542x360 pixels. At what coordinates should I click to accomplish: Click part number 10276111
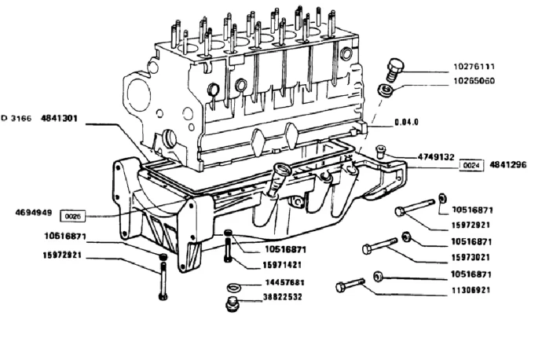pyautogui.click(x=474, y=66)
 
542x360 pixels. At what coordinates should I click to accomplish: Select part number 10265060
pyautogui.click(x=474, y=81)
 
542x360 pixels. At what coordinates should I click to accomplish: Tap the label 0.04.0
pyautogui.click(x=407, y=122)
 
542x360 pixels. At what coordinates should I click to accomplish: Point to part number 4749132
pyautogui.click(x=436, y=157)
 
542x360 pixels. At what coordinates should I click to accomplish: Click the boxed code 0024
pyautogui.click(x=471, y=165)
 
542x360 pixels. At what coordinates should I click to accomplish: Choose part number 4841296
pyautogui.click(x=507, y=164)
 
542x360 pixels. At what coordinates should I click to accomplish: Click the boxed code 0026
pyautogui.click(x=73, y=216)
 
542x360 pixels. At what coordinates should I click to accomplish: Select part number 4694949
pyautogui.click(x=34, y=212)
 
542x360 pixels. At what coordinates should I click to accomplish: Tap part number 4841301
pyautogui.click(x=59, y=118)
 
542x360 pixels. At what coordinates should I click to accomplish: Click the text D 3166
pyautogui.click(x=16, y=118)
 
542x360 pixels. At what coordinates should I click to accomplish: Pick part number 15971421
pyautogui.click(x=282, y=265)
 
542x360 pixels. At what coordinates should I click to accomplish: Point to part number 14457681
pyautogui.click(x=285, y=282)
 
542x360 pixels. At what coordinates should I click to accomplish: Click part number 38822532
pyautogui.click(x=283, y=297)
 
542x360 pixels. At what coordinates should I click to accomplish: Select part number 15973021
pyautogui.click(x=471, y=257)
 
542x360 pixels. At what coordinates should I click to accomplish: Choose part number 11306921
pyautogui.click(x=471, y=290)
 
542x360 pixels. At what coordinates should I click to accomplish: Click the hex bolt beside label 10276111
pyautogui.click(x=394, y=69)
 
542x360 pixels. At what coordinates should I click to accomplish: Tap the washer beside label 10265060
pyautogui.click(x=386, y=90)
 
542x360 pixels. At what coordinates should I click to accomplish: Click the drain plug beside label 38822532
pyautogui.click(x=232, y=303)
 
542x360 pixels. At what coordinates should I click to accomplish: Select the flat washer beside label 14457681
pyautogui.click(x=234, y=287)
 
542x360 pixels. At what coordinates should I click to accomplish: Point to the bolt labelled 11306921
pyautogui.click(x=350, y=285)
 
